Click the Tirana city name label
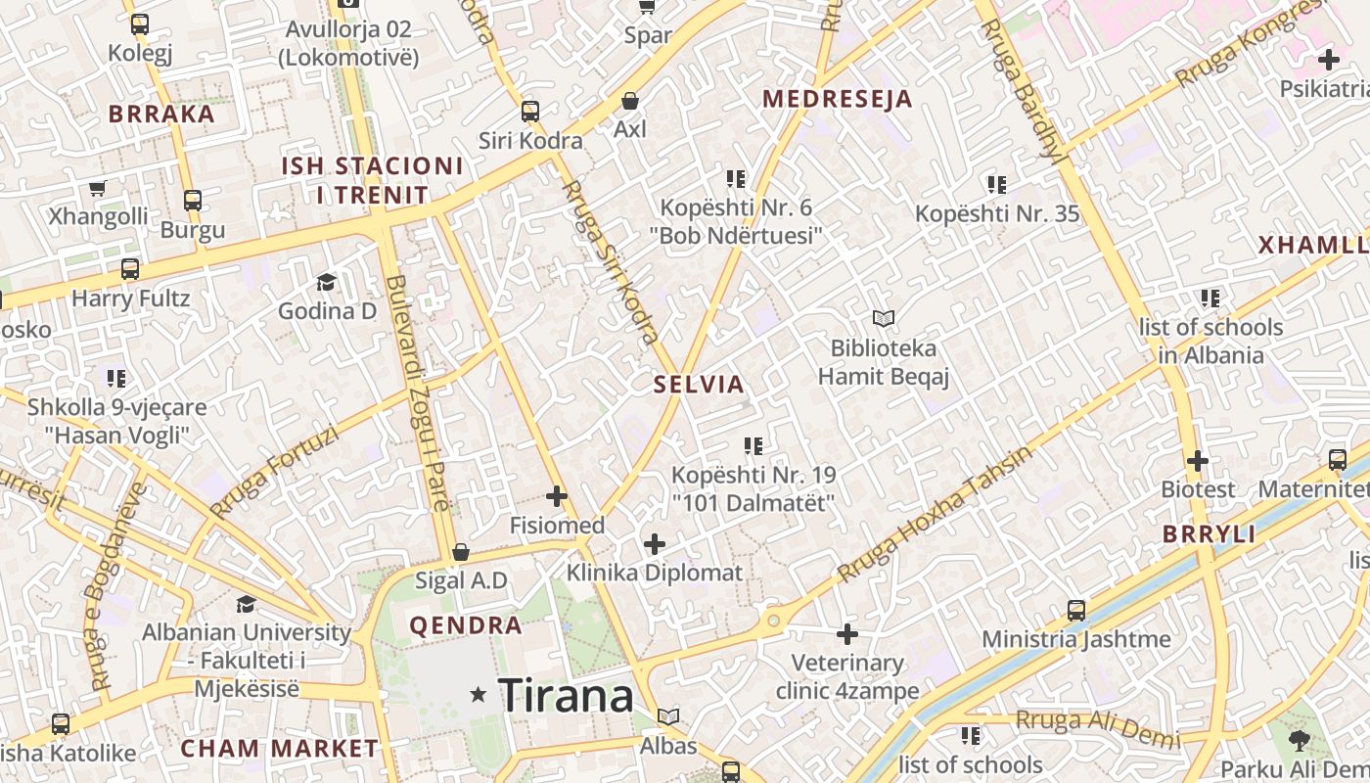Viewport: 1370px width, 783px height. click(x=566, y=696)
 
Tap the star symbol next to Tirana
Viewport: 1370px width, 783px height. click(x=479, y=695)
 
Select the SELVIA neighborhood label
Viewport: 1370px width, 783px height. click(x=699, y=385)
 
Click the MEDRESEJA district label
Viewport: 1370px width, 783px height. click(x=838, y=99)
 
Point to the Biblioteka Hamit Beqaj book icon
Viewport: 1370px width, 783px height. click(x=884, y=318)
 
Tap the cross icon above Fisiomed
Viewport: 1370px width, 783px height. click(x=557, y=496)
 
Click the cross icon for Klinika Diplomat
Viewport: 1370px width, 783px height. click(x=655, y=543)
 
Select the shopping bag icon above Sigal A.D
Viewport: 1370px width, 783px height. click(x=461, y=552)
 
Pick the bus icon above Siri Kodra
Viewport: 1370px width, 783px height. click(x=530, y=112)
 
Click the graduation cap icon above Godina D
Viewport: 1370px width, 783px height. click(x=326, y=283)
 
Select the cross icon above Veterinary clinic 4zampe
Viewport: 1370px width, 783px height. click(x=847, y=634)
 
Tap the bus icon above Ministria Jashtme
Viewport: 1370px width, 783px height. click(x=1076, y=611)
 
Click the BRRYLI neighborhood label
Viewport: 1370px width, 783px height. click(x=1209, y=534)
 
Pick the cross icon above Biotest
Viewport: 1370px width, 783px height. click(x=1198, y=460)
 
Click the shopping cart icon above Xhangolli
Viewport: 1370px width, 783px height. click(x=97, y=188)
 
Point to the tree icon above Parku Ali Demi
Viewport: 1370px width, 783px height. click(x=1300, y=739)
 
